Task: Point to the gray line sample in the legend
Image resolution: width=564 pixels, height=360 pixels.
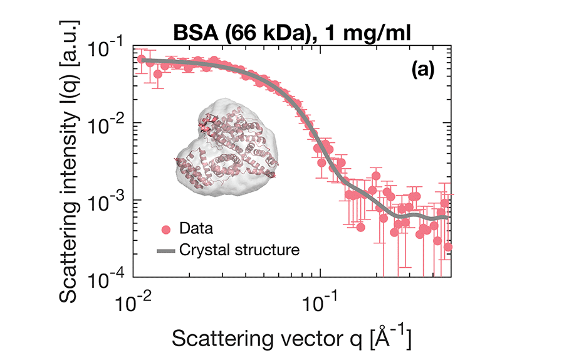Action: [x=166, y=251]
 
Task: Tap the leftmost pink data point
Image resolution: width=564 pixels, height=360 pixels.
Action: [x=142, y=60]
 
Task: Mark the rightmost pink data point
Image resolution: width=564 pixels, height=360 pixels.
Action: [x=447, y=246]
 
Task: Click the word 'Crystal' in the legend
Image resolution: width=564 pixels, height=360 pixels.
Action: [x=201, y=250]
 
